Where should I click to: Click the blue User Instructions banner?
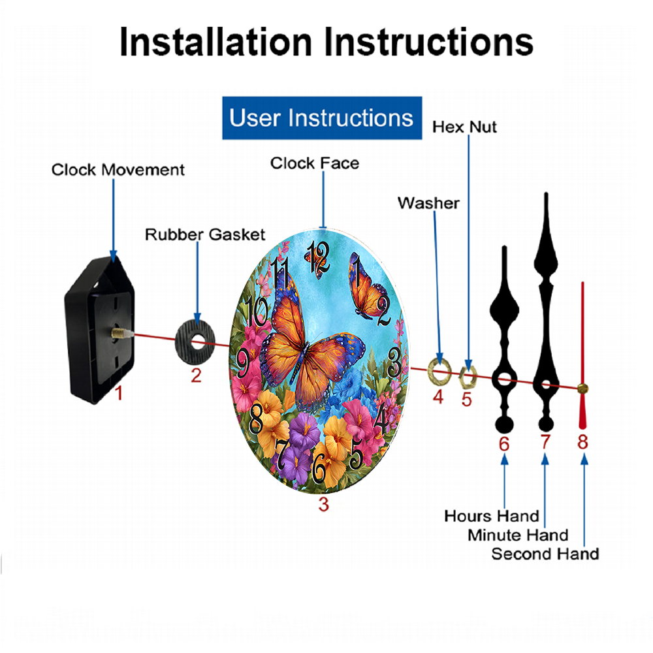(322, 118)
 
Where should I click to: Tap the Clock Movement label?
(118, 170)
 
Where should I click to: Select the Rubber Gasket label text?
(205, 234)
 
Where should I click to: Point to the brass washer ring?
(439, 370)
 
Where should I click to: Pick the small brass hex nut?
(468, 377)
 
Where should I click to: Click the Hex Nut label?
(464, 127)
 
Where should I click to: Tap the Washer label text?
(428, 203)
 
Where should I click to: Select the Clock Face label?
(315, 163)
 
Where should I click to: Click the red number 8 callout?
(582, 442)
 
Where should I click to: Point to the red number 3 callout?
(324, 504)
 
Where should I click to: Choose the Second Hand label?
(545, 554)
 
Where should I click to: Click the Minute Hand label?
(518, 535)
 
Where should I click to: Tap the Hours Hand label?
(492, 516)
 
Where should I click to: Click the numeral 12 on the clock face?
(319, 258)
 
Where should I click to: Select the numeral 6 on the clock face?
(319, 468)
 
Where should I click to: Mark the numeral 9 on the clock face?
(243, 362)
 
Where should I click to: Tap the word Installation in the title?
(215, 42)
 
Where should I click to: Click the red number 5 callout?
(466, 400)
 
